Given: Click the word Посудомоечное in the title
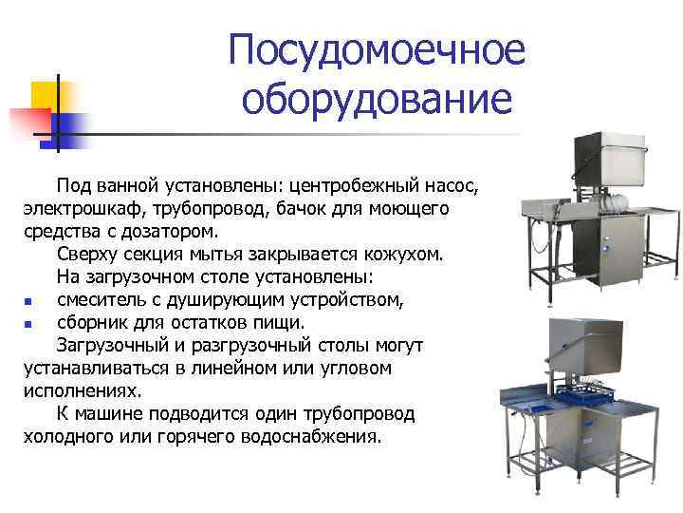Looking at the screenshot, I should [x=377, y=51].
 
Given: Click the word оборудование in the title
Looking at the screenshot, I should [x=377, y=99].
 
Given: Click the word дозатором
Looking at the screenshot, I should [x=171, y=231].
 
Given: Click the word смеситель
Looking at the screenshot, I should [x=105, y=301].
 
